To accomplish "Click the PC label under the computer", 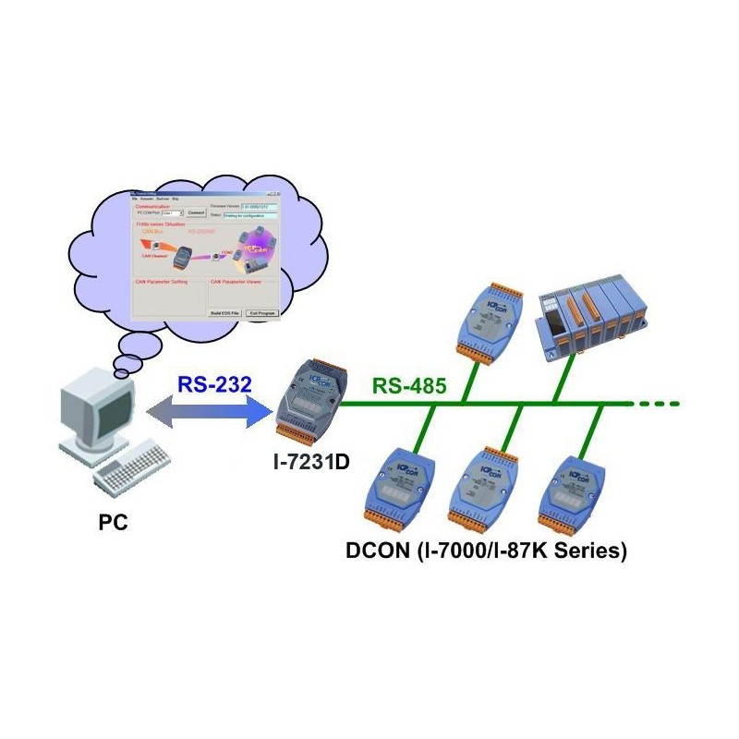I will click(x=114, y=523).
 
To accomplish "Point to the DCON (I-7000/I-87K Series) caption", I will click(x=486, y=551).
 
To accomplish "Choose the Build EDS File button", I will click(x=225, y=313).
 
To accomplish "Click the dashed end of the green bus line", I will click(x=661, y=403).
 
